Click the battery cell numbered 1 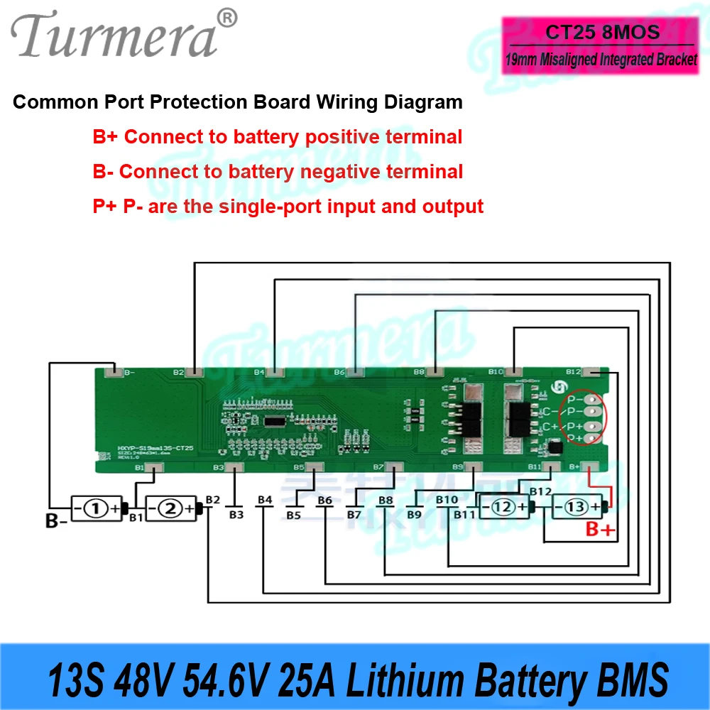97,508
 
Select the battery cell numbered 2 171,508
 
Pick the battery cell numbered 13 577,508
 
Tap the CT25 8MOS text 603,33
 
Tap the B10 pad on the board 513,372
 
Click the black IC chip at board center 274,422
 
